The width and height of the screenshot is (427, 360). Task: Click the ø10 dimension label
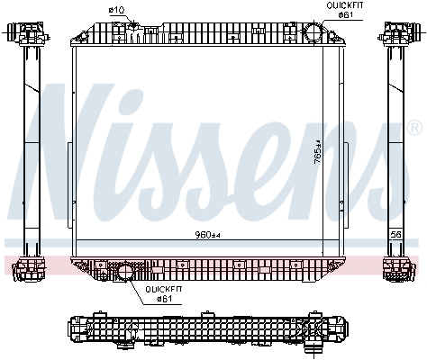(x=116, y=10)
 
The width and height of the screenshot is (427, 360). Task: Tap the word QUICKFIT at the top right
(x=345, y=5)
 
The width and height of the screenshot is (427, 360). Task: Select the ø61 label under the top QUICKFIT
(x=345, y=14)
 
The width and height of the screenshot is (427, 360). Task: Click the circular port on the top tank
(x=313, y=31)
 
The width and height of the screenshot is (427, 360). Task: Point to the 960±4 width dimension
(x=207, y=235)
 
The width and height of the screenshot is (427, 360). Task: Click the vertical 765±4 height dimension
(x=317, y=152)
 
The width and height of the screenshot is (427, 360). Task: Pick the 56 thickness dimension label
(x=396, y=234)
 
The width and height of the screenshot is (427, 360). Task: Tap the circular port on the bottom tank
(x=125, y=271)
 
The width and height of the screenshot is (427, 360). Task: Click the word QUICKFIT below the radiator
(x=164, y=290)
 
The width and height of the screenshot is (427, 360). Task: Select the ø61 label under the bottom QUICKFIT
(x=164, y=299)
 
